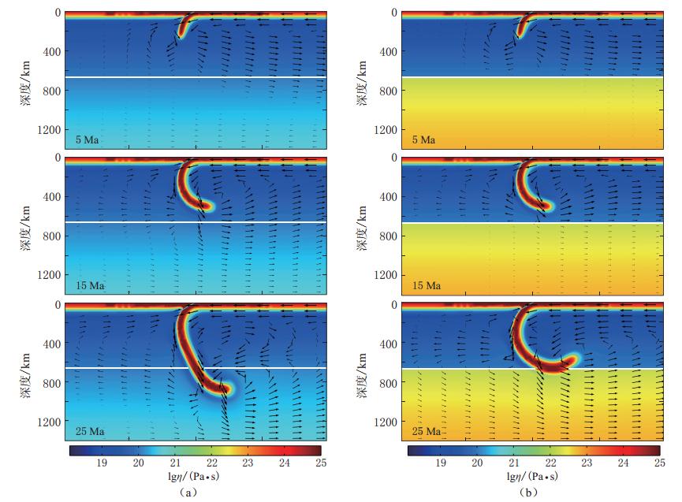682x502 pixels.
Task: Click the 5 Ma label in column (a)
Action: [88, 140]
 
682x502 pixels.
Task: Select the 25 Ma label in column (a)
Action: [90, 431]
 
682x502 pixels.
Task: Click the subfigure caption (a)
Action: [187, 493]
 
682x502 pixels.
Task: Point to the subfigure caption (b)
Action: [527, 493]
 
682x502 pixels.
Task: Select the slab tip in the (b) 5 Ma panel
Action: [520, 35]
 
